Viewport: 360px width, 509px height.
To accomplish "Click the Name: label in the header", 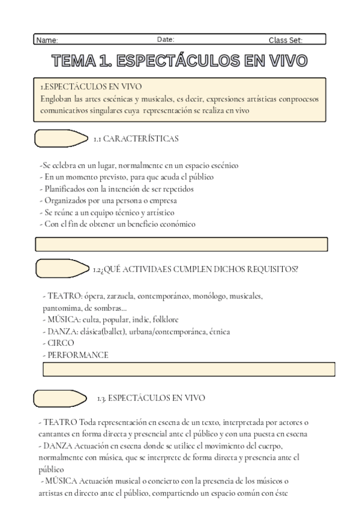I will click(47, 40).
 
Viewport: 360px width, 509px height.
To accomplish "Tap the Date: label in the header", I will click(166, 40).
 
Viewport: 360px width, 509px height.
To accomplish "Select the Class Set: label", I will click(286, 40).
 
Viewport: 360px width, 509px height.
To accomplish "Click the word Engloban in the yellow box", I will click(58, 98).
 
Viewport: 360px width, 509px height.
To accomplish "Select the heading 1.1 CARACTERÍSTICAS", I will click(136, 139).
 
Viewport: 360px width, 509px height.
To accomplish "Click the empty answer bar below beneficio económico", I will click(181, 244).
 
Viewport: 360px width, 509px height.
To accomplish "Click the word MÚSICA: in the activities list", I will click(64, 319).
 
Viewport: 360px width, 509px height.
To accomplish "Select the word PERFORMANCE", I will click(77, 355).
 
